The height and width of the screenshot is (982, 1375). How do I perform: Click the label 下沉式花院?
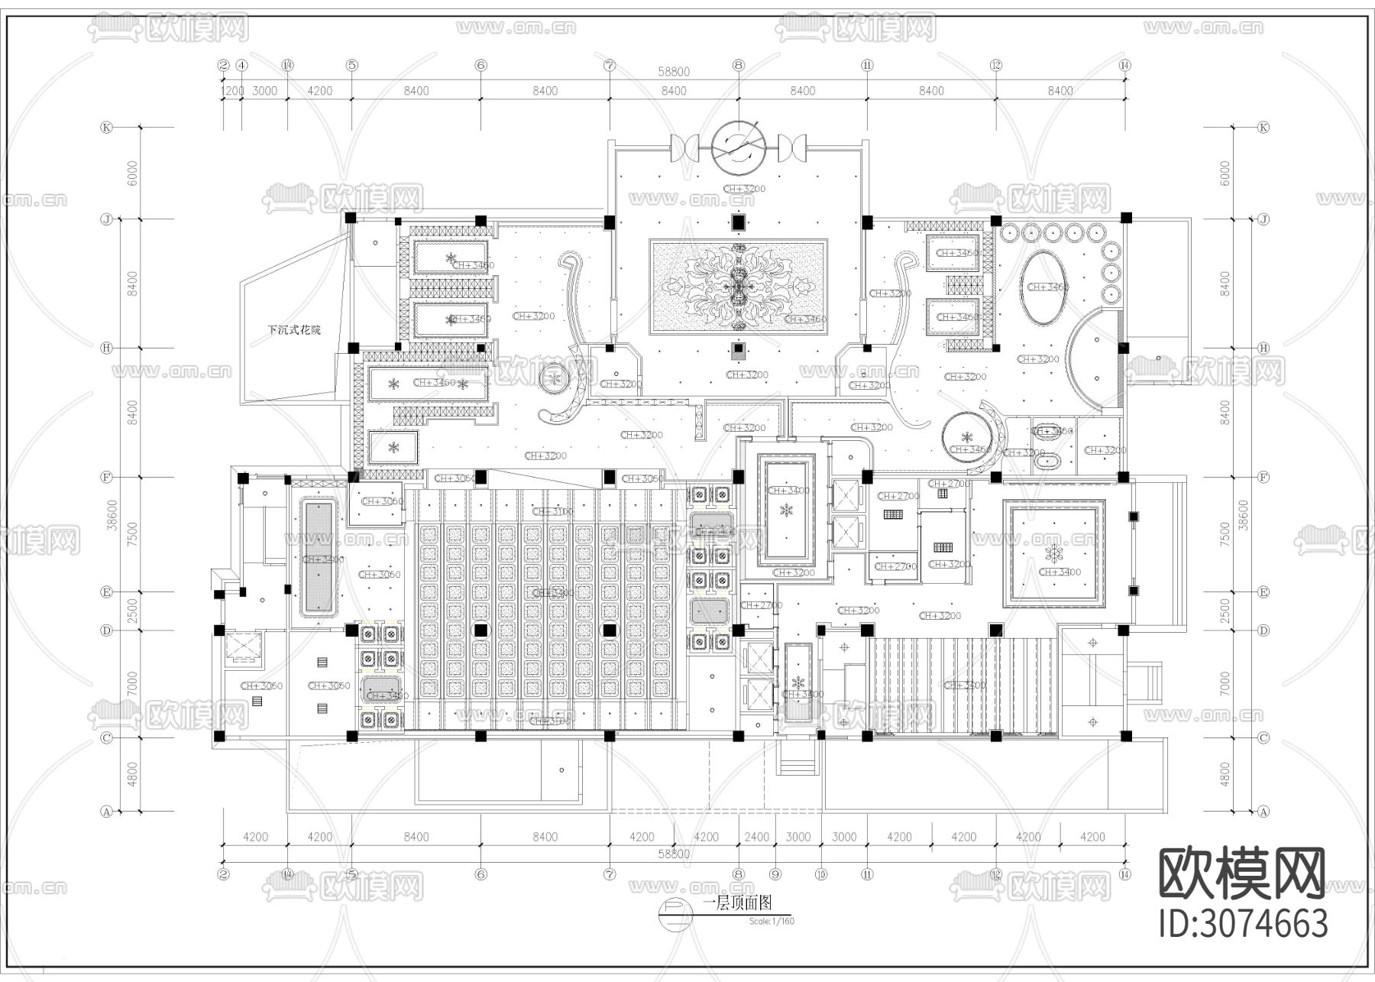294,330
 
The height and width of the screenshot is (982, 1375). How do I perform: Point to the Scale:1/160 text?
772,921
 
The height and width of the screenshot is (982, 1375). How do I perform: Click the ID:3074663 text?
1244,923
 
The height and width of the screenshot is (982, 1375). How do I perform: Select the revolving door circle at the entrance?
738,144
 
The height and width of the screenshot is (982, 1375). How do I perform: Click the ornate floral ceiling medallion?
738,287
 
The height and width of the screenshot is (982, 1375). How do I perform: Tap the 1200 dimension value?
232,91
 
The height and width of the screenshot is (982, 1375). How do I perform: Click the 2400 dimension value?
756,837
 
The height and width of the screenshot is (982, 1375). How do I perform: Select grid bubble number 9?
776,873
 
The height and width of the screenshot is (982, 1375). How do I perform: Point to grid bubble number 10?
821,873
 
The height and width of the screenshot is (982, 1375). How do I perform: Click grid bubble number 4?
242,66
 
